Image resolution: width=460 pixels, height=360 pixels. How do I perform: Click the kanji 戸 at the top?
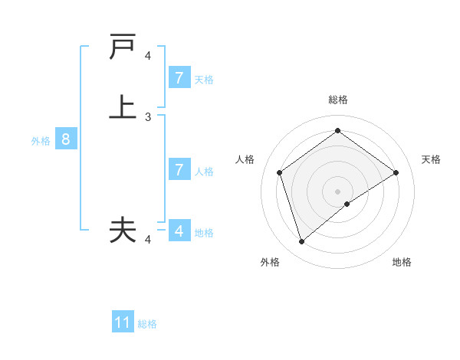coord(123,47)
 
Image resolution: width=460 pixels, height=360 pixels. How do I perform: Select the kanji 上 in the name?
coord(123,107)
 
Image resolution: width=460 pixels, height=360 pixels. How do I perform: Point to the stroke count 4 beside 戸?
coord(148,56)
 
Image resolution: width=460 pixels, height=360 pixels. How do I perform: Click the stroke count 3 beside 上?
coord(148,117)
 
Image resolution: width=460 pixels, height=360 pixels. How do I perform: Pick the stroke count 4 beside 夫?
coord(148,240)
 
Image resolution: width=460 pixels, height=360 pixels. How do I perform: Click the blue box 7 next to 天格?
coord(179,78)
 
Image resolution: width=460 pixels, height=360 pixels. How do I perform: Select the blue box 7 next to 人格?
coord(179,170)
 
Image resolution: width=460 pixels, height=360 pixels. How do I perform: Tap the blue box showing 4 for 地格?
coord(179,231)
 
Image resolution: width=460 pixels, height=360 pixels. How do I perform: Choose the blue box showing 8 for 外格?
coord(67,139)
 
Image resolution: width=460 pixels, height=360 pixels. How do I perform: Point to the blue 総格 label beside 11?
coord(147,324)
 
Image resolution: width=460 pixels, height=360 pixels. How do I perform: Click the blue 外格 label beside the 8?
coord(41,141)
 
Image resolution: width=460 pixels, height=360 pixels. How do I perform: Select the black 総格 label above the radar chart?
coord(337,100)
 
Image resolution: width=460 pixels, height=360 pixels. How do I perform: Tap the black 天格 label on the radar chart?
coord(432,159)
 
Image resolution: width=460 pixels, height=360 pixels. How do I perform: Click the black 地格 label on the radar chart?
coord(402,262)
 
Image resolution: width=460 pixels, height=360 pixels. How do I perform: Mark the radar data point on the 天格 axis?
coord(396,172)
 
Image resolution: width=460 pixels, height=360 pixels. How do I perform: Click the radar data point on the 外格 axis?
coord(301,242)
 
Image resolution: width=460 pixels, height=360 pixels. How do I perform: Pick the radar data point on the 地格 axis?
coord(347,204)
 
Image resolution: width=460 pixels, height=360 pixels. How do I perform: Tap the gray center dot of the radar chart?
coord(337,191)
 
